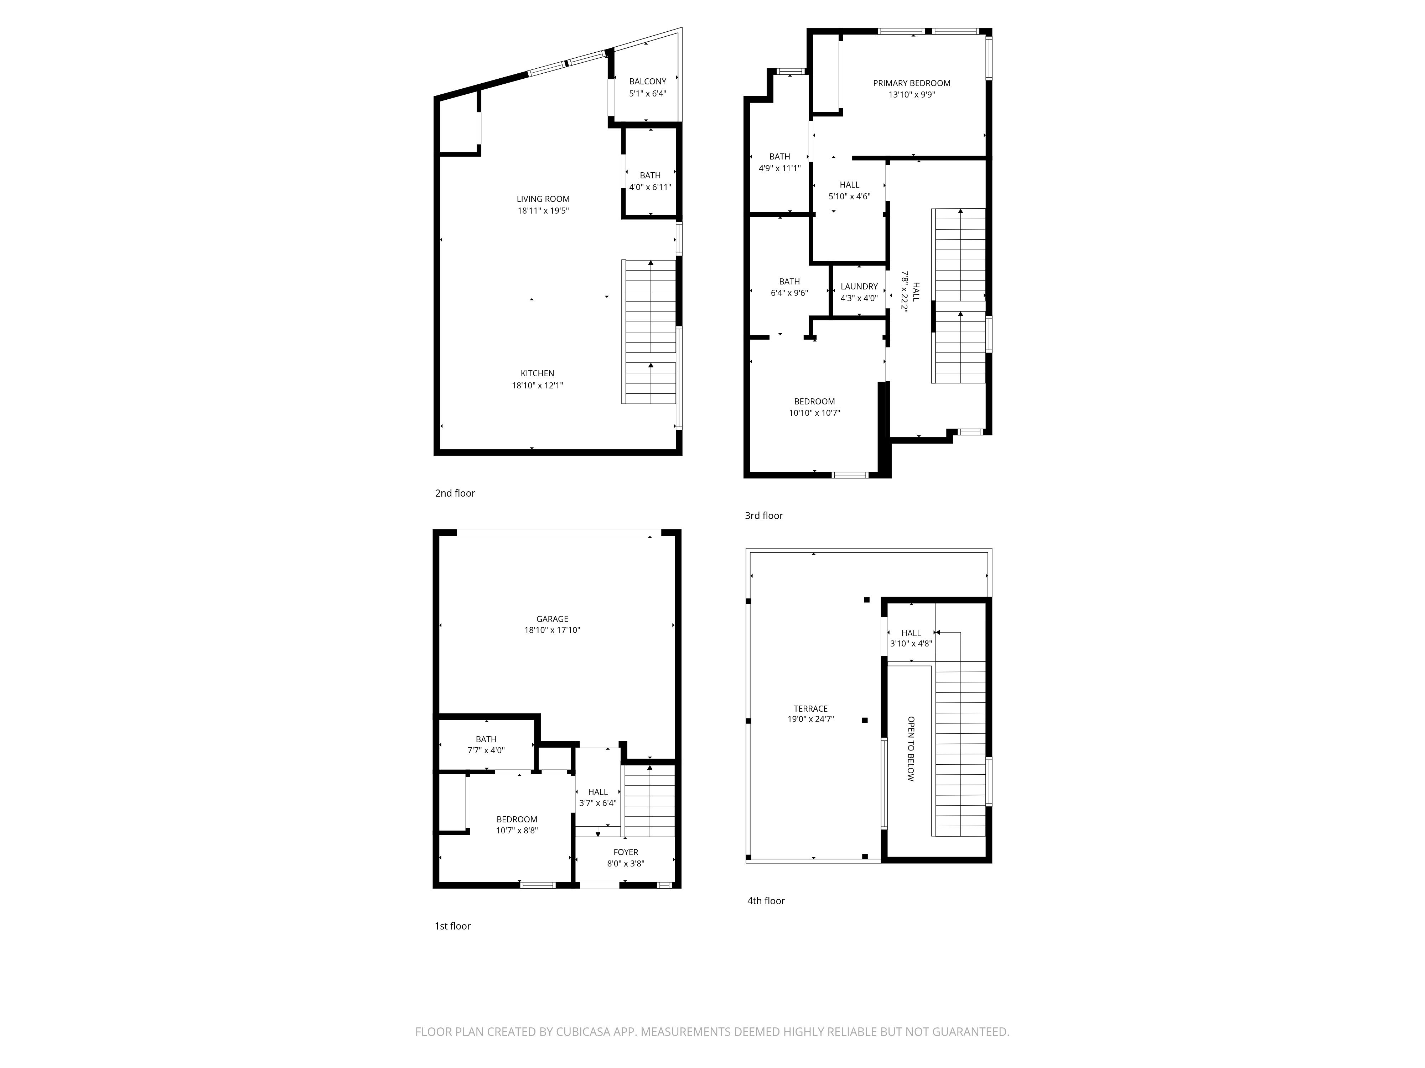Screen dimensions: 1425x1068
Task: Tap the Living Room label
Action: point(543,199)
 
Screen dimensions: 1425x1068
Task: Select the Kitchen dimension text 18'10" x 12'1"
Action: point(537,386)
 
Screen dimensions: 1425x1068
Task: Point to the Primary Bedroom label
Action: point(912,83)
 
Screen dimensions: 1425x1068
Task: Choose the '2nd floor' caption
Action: point(455,493)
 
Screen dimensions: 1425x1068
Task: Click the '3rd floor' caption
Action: point(764,515)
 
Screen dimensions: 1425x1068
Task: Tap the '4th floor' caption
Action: point(766,901)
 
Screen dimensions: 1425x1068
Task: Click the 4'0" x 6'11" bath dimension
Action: point(650,187)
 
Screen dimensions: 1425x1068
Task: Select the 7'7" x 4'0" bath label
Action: point(486,750)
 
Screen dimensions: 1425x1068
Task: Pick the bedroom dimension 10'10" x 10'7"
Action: point(814,413)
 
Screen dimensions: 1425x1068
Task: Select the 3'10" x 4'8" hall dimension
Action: point(911,643)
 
